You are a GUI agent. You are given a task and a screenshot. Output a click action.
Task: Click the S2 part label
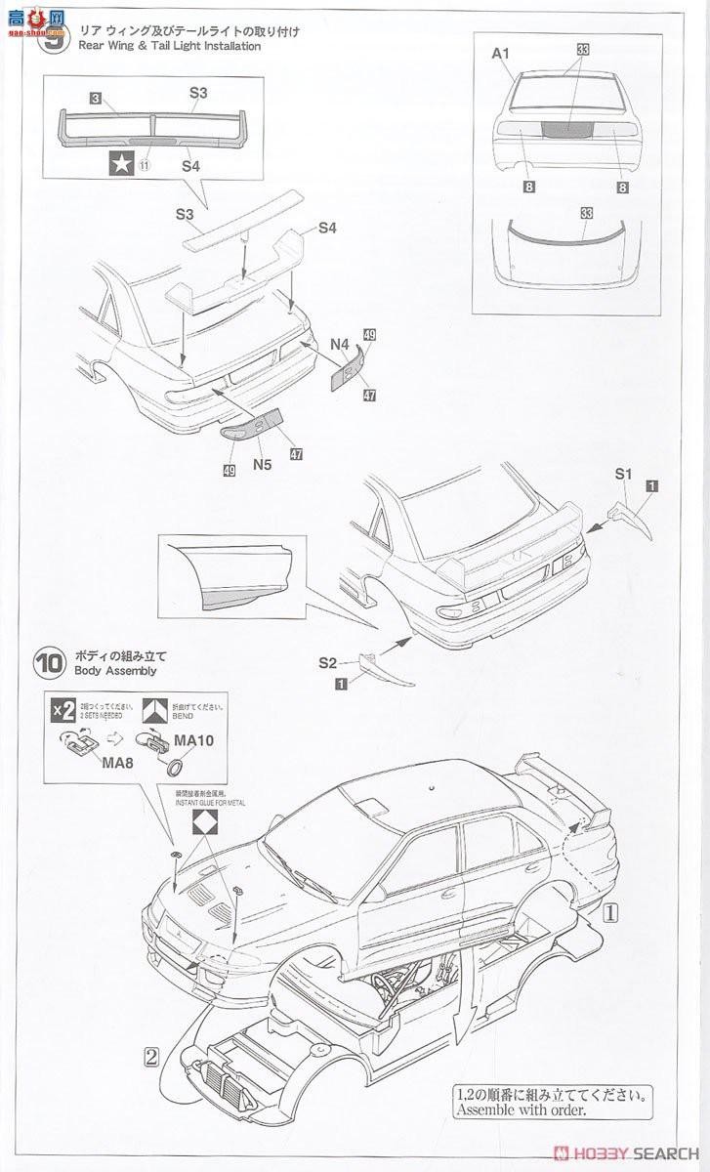[x=328, y=662]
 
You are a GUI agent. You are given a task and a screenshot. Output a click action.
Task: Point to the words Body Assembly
[x=107, y=671]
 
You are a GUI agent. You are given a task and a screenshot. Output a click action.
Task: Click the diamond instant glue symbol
[x=203, y=820]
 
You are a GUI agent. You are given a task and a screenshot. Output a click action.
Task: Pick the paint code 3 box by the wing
[x=95, y=99]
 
